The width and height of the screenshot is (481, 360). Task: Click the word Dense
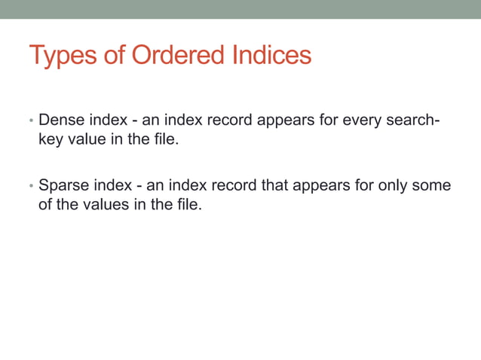click(60, 121)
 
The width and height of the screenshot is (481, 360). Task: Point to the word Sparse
click(63, 185)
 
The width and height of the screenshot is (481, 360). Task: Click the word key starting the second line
click(51, 140)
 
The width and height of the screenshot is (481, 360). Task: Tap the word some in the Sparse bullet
click(434, 185)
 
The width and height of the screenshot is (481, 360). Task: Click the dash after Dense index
click(134, 121)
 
